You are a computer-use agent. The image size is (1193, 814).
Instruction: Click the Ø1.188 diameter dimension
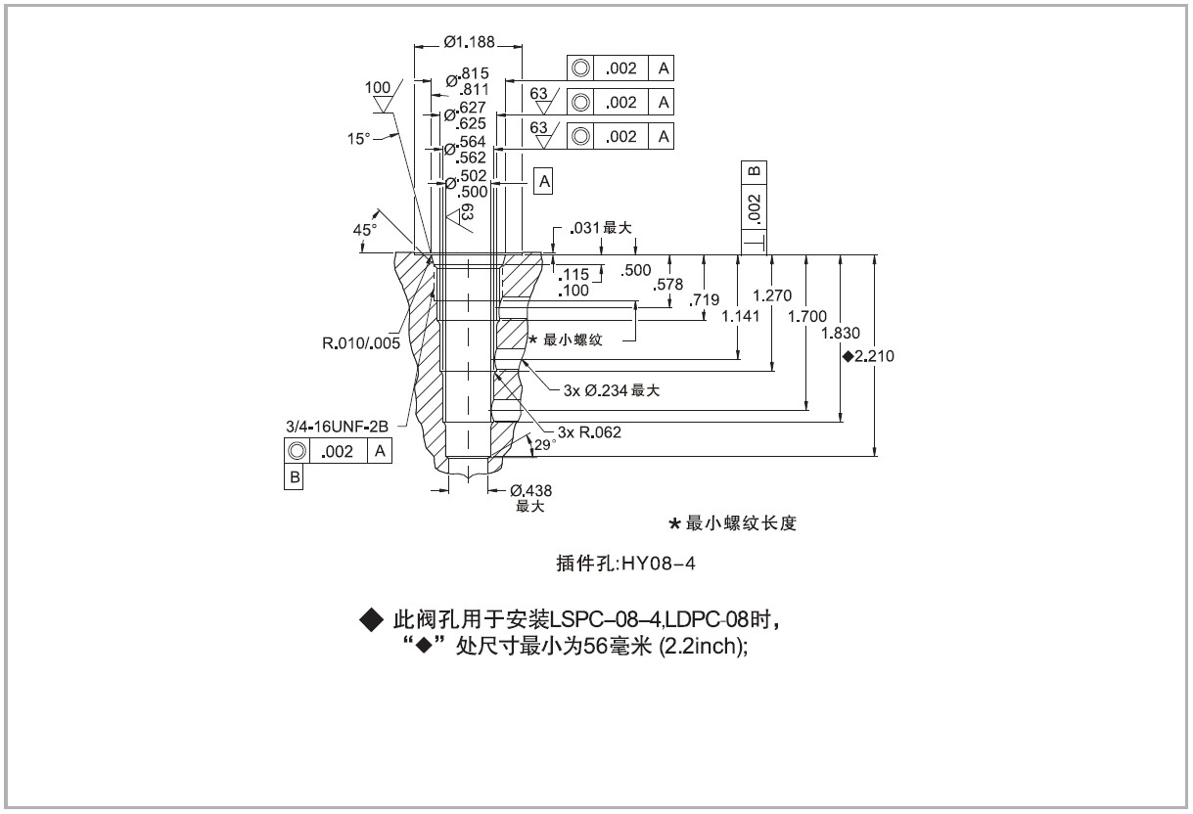point(469,42)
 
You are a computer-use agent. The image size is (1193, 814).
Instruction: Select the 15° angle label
point(359,139)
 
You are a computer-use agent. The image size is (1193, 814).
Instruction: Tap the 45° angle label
point(364,229)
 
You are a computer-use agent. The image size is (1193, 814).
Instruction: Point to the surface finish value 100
point(378,88)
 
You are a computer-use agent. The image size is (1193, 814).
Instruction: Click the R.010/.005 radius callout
point(361,343)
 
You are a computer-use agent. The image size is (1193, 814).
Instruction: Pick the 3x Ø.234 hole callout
point(612,390)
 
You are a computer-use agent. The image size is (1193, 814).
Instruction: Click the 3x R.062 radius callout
point(589,431)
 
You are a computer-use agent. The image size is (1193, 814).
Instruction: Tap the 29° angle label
point(543,444)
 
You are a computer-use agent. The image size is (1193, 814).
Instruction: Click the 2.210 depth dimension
point(874,356)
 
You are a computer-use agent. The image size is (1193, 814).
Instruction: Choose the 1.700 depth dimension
point(807,316)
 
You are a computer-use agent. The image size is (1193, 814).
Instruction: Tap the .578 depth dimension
point(671,284)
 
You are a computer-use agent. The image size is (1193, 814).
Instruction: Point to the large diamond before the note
point(370,619)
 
